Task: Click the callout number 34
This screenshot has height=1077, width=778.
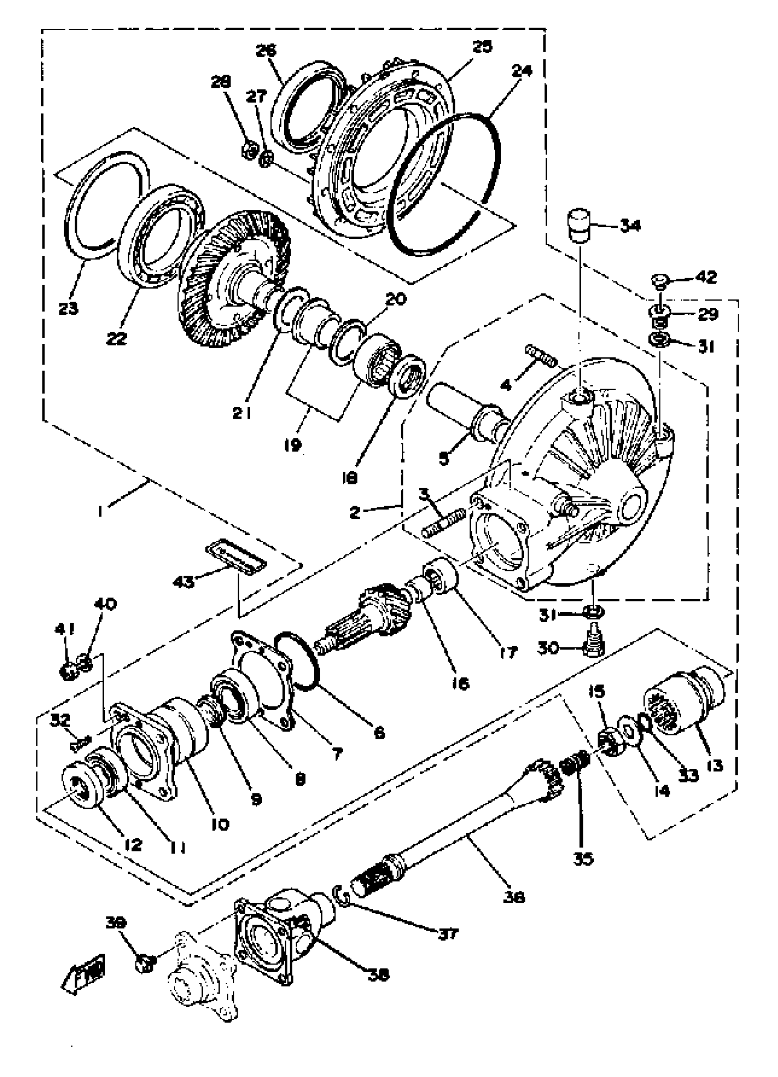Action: pyautogui.click(x=630, y=226)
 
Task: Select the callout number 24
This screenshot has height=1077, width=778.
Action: pyautogui.click(x=522, y=71)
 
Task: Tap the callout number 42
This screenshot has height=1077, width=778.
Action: pyautogui.click(x=706, y=276)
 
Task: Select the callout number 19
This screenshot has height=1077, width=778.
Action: pyautogui.click(x=292, y=445)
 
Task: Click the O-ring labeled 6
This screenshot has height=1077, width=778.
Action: pyautogui.click(x=298, y=663)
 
